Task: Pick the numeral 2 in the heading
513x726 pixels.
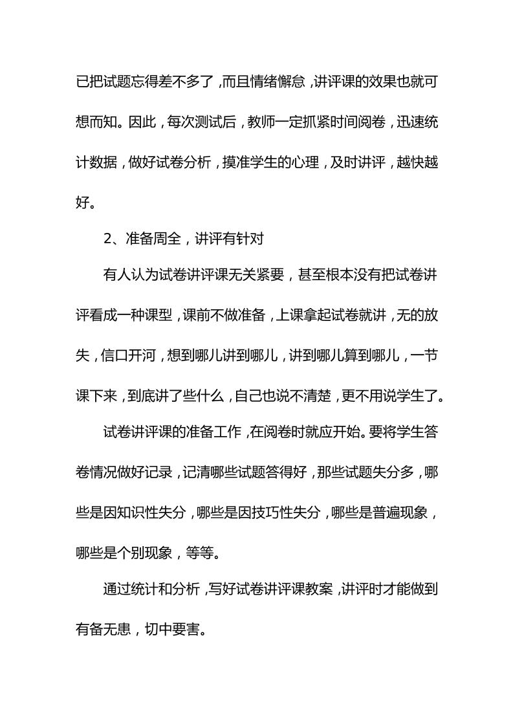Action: [x=107, y=237]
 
